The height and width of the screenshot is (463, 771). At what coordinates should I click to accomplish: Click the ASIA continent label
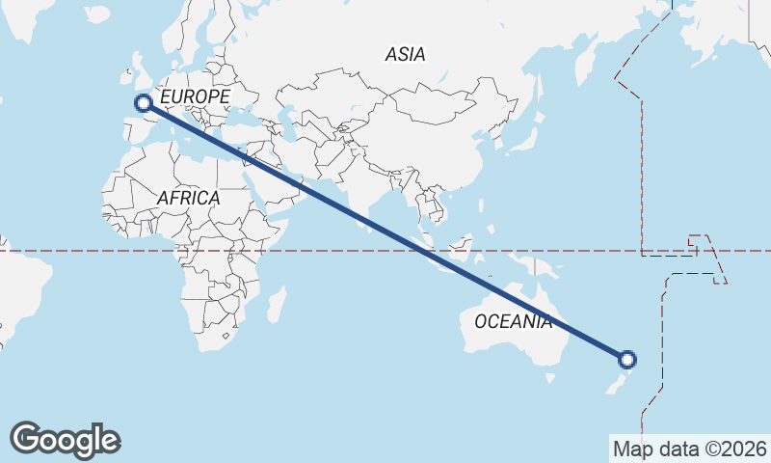(405, 55)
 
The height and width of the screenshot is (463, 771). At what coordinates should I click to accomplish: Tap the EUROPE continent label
(195, 97)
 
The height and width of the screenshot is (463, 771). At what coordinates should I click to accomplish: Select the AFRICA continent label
(188, 198)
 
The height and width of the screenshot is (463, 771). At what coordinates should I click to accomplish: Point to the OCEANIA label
(514, 321)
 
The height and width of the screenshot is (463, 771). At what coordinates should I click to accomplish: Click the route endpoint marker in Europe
(143, 102)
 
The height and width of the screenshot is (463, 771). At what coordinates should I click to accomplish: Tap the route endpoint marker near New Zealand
(627, 360)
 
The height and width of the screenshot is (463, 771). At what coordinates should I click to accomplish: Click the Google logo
(65, 440)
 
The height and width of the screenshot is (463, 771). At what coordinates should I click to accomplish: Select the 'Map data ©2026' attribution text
(689, 449)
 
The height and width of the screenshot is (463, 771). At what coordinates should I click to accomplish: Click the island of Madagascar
(277, 303)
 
